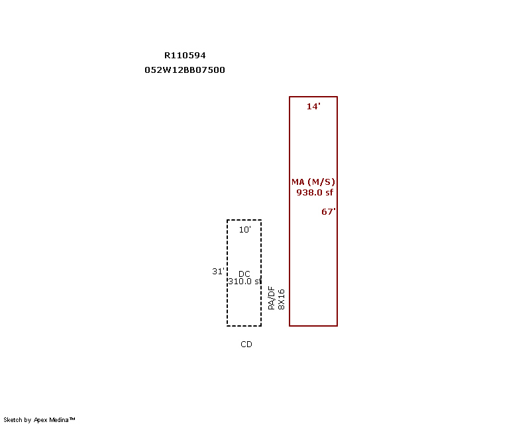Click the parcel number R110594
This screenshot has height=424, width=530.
(185, 55)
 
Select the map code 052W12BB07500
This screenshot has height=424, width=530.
(185, 70)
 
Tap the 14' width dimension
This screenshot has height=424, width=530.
(313, 106)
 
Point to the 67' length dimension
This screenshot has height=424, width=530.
(328, 211)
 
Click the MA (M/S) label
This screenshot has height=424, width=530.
(313, 182)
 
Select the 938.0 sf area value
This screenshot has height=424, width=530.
(315, 192)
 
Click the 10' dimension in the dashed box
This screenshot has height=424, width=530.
(244, 230)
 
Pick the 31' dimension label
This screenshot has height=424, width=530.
(218, 271)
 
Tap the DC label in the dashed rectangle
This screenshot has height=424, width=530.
(244, 274)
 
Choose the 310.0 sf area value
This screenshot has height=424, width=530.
(244, 282)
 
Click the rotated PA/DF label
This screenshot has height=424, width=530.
(272, 298)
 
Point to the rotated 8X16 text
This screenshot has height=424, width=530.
(281, 299)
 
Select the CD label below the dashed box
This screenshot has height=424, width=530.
(246, 344)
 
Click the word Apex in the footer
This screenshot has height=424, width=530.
(40, 420)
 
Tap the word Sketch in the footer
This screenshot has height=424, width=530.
(13, 420)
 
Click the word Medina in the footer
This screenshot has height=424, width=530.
(59, 420)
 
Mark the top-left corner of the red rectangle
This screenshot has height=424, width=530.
(290, 97)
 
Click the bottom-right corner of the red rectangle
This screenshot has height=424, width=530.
(337, 325)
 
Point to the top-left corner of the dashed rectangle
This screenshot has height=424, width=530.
(227, 220)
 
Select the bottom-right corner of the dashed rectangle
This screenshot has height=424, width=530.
(261, 325)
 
